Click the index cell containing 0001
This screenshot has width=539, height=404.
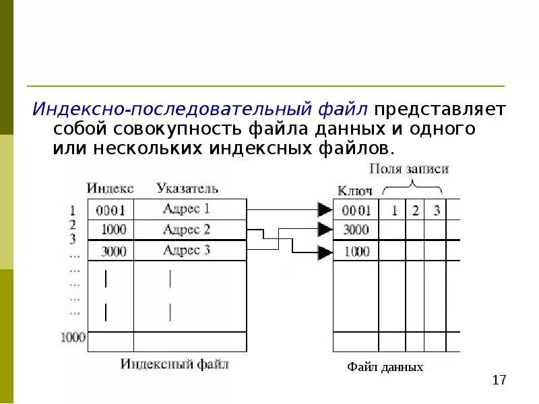[x=110, y=209]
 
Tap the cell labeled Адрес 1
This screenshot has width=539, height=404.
[x=187, y=209]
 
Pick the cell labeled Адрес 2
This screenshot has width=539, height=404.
[x=187, y=230]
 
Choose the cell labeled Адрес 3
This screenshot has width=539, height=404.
[x=187, y=250]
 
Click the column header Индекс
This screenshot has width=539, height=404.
[x=110, y=188]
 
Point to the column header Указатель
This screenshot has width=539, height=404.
[x=187, y=188]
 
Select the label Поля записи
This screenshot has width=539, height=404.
[x=409, y=168]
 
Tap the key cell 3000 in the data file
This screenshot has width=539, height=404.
[x=356, y=230]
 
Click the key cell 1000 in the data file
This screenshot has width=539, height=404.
[x=356, y=251]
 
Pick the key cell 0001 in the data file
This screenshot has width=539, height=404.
[x=356, y=209]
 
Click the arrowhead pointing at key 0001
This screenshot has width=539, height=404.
[x=325, y=209]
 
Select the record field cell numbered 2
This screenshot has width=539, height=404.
[x=416, y=210]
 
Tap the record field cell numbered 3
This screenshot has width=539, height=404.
[x=437, y=210]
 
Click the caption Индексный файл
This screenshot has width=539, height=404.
[x=175, y=364]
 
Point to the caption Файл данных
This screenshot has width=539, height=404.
[x=385, y=367]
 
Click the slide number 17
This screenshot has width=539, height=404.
[x=499, y=381]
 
